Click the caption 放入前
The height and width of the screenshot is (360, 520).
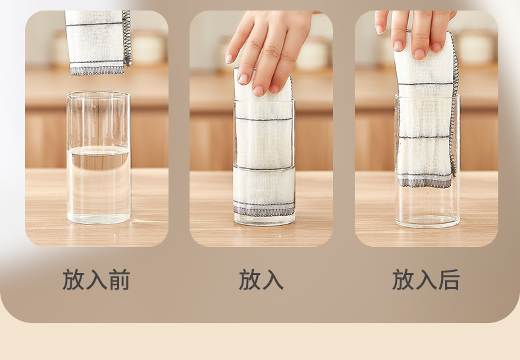click(x=96, y=280)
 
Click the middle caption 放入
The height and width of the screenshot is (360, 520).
click(x=261, y=280)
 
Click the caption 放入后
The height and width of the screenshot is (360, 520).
click(x=426, y=280)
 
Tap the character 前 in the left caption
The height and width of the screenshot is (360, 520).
click(x=119, y=280)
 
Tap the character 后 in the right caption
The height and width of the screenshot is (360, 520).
click(x=449, y=280)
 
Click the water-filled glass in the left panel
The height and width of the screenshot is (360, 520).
click(x=99, y=157)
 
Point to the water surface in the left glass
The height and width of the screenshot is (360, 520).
click(x=99, y=150)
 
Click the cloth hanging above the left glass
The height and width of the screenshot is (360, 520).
click(x=98, y=42)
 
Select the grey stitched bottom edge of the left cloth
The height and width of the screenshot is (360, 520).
click(x=97, y=70)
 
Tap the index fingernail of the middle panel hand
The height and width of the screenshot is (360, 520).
click(x=243, y=78)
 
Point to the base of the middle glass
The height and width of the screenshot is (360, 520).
click(x=265, y=220)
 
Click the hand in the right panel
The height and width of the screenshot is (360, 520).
click(x=415, y=32)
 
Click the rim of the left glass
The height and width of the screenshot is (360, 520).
click(x=98, y=95)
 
